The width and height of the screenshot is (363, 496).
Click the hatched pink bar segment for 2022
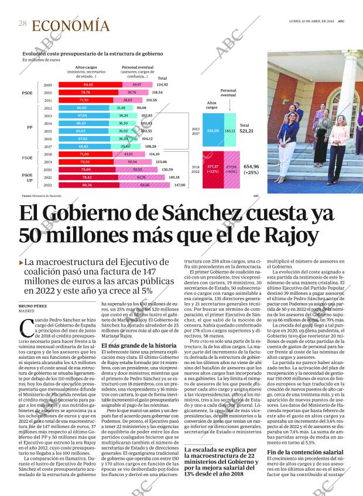click(145, 185)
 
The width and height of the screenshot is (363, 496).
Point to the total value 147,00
click(179, 185)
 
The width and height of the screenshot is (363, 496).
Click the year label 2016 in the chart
click(48, 138)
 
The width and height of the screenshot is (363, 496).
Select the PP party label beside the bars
click(29, 127)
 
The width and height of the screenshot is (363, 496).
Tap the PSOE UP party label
click(28, 176)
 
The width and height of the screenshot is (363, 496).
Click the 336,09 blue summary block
click(213, 131)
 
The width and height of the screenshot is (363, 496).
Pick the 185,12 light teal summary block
click(230, 131)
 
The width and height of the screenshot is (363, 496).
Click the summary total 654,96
click(251, 167)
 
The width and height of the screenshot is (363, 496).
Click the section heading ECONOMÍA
click(71, 26)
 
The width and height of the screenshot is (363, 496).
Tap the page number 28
click(23, 23)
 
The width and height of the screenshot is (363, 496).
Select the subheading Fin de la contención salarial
click(305, 452)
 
